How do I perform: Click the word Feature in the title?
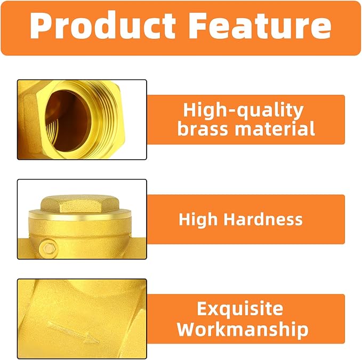(258, 27)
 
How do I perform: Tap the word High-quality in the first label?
(243, 111)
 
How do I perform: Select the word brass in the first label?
(205, 128)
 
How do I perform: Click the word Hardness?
(269, 219)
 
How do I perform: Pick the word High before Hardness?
(198, 219)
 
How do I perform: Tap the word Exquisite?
(239, 309)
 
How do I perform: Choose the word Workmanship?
(243, 329)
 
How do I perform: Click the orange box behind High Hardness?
(246, 219)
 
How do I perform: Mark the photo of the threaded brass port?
(82, 120)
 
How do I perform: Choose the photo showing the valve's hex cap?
(82, 219)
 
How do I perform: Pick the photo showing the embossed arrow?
(82, 318)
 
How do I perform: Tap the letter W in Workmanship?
(187, 329)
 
